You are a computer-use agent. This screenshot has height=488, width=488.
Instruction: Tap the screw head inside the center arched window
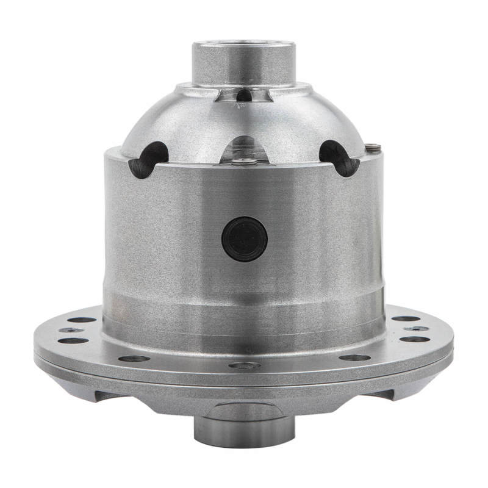[245, 162]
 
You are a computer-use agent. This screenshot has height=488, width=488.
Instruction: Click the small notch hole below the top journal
[244, 95]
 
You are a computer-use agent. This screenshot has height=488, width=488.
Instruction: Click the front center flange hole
[244, 365]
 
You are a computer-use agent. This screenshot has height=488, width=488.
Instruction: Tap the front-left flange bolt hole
[134, 358]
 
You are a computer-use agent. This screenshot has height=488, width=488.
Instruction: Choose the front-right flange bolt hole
[354, 357]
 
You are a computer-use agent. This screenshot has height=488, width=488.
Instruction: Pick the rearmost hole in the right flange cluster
[405, 318]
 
